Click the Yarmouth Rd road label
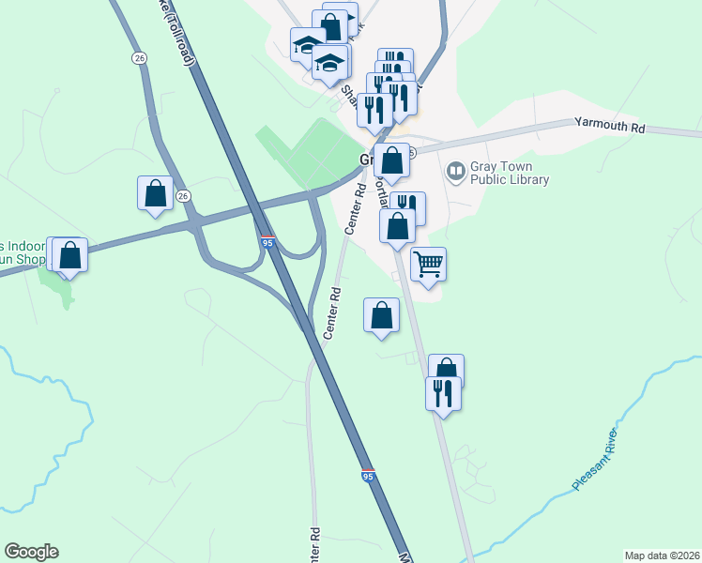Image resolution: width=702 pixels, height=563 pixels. (x=611, y=126)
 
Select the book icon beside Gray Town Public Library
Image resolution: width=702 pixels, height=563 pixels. (x=456, y=171)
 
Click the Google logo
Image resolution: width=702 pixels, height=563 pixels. (x=31, y=552)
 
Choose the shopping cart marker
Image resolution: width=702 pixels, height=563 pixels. (x=428, y=266)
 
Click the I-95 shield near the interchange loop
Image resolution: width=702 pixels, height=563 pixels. (x=267, y=241)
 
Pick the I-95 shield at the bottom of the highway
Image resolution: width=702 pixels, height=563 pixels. (x=368, y=476)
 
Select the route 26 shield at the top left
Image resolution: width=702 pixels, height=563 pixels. (x=139, y=58)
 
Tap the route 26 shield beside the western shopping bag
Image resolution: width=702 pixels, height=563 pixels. (x=184, y=195)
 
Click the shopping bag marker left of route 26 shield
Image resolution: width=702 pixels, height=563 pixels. (x=156, y=194)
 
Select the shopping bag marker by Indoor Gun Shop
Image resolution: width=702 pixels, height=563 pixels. (x=69, y=254)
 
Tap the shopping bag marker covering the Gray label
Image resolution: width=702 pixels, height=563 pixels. (x=392, y=161)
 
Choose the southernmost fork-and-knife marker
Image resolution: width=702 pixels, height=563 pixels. (x=443, y=393)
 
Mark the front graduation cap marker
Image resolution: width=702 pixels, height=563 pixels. (x=329, y=64)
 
